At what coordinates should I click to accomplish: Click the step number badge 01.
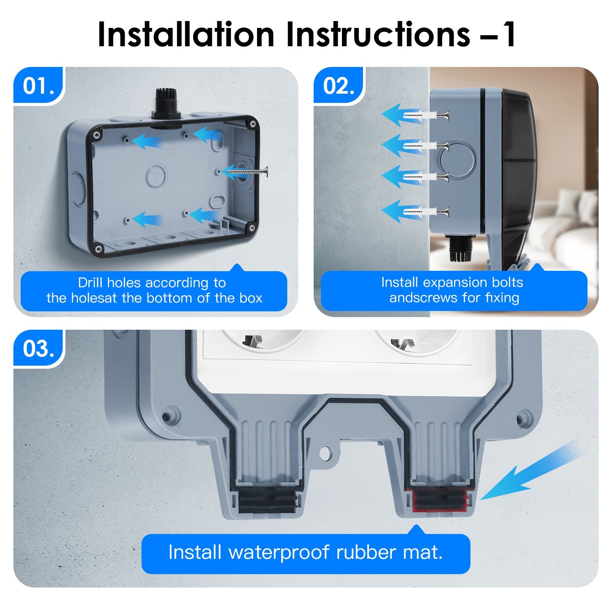click(x=37, y=85)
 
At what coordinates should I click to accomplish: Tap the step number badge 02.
click(x=338, y=85)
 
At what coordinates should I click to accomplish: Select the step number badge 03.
click(x=37, y=348)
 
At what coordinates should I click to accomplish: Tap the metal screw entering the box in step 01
click(x=247, y=173)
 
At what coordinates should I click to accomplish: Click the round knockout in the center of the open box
click(x=156, y=176)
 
